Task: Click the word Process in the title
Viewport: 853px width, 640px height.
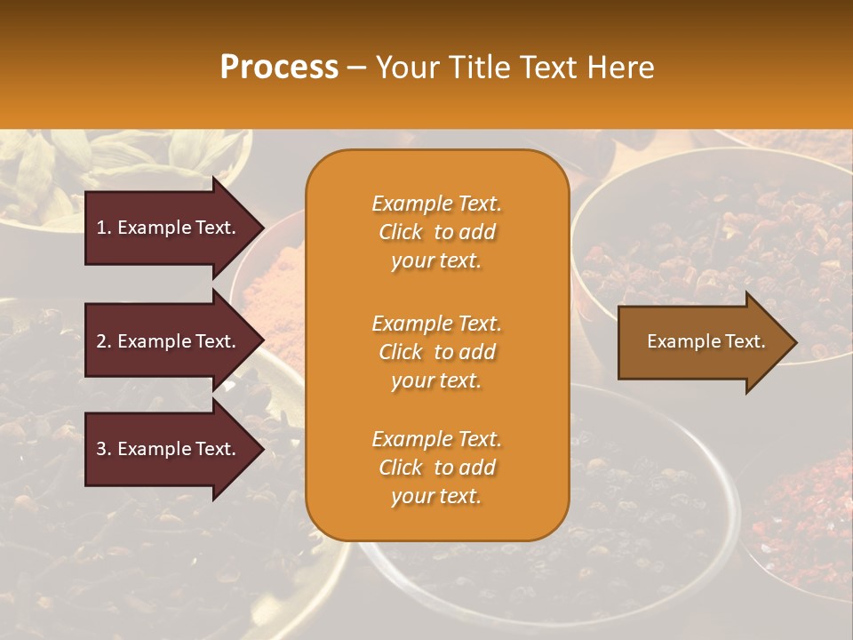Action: click(279, 68)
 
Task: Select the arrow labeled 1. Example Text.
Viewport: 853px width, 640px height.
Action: click(169, 228)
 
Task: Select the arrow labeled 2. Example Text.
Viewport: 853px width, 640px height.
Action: click(169, 341)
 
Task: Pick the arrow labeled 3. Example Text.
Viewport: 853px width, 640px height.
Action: click(169, 449)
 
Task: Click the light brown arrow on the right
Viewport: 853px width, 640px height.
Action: click(702, 342)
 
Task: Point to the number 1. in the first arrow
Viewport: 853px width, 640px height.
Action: click(104, 228)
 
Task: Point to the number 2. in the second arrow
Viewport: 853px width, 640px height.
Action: click(104, 341)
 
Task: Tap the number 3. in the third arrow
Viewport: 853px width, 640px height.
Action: click(104, 449)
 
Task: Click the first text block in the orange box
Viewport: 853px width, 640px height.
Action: click(436, 232)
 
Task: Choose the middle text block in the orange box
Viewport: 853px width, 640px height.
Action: click(436, 352)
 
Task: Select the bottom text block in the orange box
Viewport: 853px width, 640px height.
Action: click(436, 468)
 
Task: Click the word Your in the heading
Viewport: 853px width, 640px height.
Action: click(407, 68)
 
